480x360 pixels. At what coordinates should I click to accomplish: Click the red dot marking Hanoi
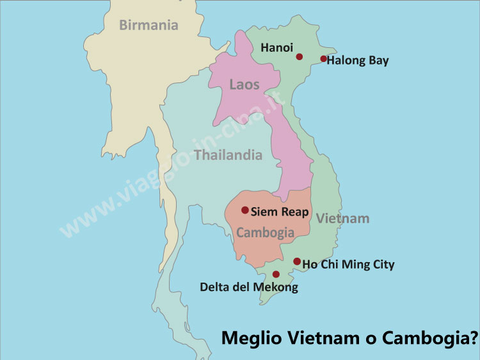[299, 57]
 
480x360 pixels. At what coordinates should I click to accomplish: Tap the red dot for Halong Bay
[324, 59]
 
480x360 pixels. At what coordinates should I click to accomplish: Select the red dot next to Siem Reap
[244, 210]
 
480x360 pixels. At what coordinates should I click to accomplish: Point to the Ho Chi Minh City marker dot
[297, 261]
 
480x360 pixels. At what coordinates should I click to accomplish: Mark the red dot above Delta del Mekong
[276, 274]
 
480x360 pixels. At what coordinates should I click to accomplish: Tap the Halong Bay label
[358, 61]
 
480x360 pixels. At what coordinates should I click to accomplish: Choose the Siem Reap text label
[280, 212]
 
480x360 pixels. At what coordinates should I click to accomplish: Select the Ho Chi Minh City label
[348, 264]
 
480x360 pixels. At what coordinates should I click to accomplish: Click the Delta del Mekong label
[249, 287]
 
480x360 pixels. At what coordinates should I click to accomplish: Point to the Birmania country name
[148, 26]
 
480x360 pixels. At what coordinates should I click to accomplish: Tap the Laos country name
[244, 84]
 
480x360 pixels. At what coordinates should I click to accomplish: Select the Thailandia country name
[228, 155]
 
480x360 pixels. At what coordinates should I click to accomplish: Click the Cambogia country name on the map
[265, 233]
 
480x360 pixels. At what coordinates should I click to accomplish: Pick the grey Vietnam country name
[342, 219]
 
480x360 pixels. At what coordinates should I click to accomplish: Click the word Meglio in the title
[251, 338]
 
